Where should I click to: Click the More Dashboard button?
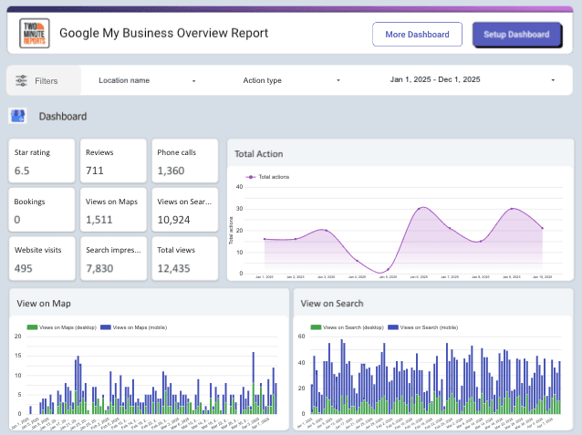[x=417, y=35]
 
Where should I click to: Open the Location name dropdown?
[x=146, y=80]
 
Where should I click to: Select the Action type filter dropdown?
[x=291, y=80]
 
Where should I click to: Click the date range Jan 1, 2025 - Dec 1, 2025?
[x=472, y=80]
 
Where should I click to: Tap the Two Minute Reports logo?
[x=35, y=34]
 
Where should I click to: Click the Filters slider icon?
[x=21, y=80]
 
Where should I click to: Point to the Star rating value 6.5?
[x=22, y=171]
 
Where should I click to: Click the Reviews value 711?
[x=95, y=171]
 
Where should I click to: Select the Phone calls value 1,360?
[x=171, y=171]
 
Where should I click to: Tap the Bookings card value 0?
[x=17, y=220]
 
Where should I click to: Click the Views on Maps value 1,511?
[x=99, y=220]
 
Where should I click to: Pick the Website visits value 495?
[x=24, y=268]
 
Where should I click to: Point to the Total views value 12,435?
[x=174, y=268]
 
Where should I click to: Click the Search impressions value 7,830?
[x=99, y=268]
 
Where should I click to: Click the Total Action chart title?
[x=258, y=154]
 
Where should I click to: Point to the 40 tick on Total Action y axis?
[x=239, y=186]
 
